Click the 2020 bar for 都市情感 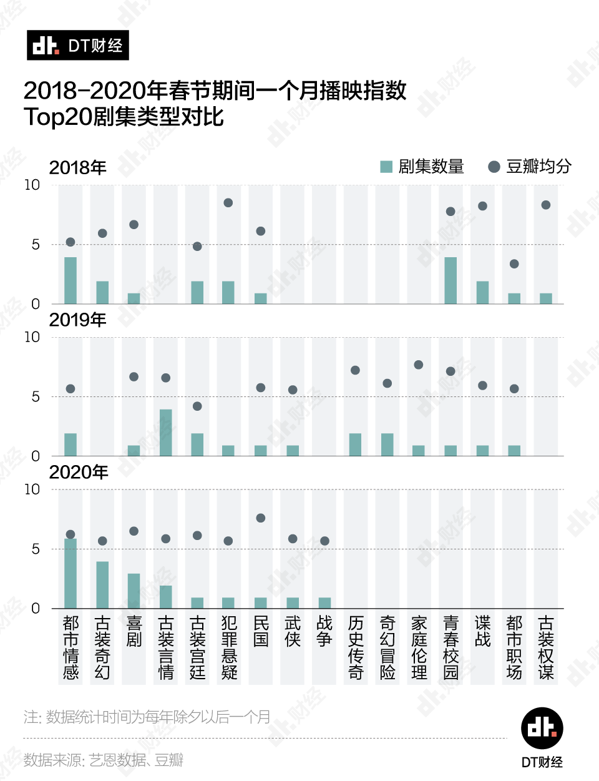tap(71, 573)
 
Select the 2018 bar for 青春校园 tap(450, 280)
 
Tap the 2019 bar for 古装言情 tap(165, 433)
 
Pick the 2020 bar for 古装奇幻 tap(102, 585)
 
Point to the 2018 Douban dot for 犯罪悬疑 tap(228, 203)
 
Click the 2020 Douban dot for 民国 tap(261, 518)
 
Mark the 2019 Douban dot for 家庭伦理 tap(419, 365)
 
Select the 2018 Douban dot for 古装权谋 tap(546, 205)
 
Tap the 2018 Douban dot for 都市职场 tap(514, 264)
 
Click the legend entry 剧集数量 tap(422, 167)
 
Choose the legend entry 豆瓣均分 tap(530, 167)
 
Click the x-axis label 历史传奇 tap(356, 647)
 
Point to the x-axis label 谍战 tap(482, 631)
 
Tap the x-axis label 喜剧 tap(134, 631)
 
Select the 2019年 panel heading tap(77, 320)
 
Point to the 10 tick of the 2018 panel tap(32, 185)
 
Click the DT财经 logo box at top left tap(78, 46)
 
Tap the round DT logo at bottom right tap(542, 729)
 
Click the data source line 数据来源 tap(104, 760)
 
